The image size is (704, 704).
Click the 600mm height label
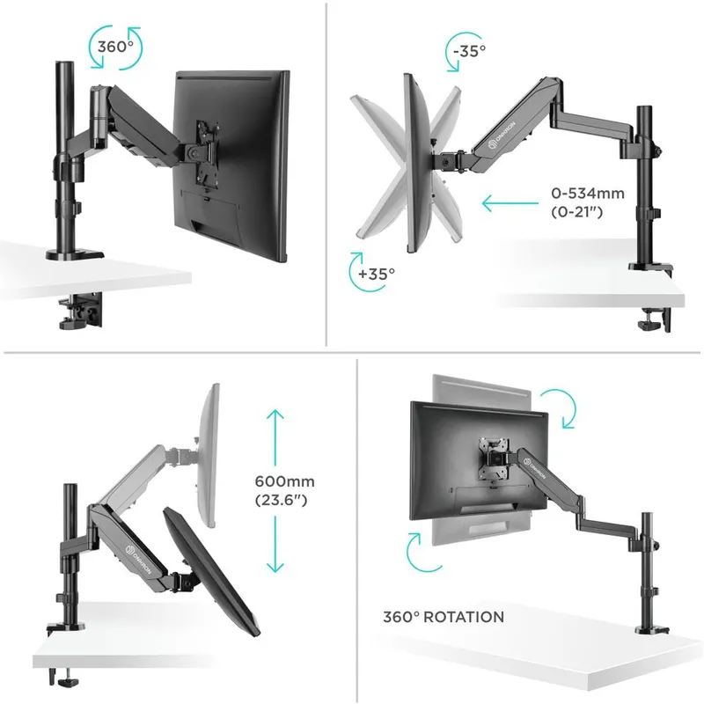pyautogui.click(x=285, y=481)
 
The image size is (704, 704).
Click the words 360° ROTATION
pyautogui.click(x=444, y=617)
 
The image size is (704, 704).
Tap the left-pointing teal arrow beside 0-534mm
pyautogui.click(x=510, y=203)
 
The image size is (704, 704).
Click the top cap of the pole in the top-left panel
pyautogui.click(x=65, y=65)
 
